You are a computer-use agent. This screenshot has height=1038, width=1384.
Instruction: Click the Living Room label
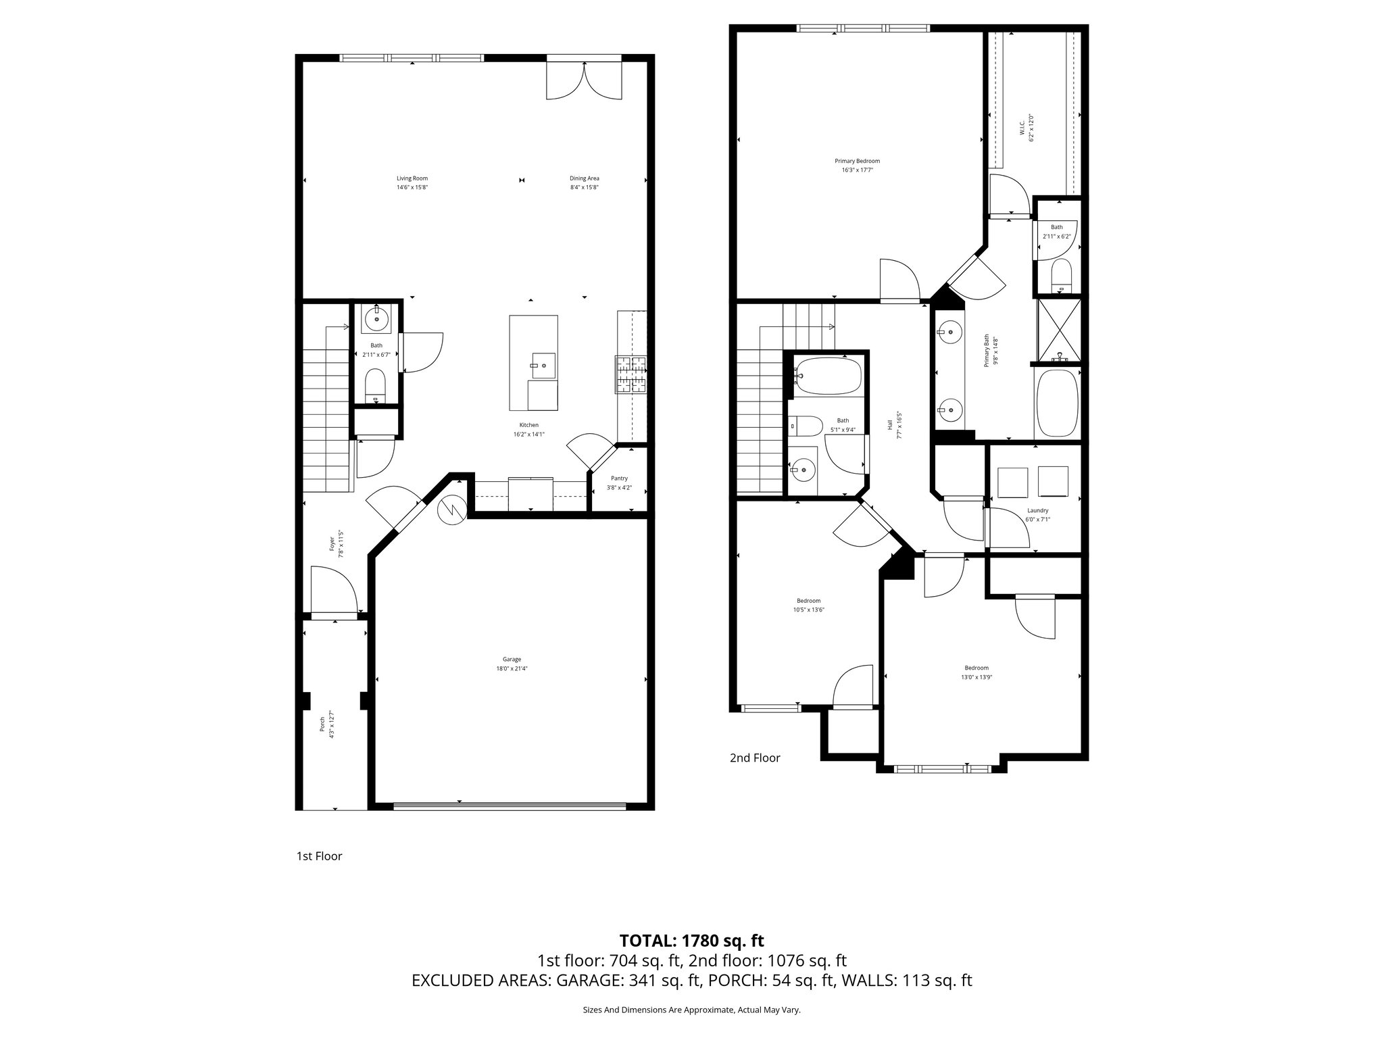412,178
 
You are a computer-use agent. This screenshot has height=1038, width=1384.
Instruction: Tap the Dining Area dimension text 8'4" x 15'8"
584,187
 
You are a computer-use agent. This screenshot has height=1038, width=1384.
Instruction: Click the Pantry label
619,478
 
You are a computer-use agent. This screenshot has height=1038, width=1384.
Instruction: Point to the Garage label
512,659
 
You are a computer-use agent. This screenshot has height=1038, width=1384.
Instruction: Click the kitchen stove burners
631,374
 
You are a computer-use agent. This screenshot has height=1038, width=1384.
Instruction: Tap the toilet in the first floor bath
375,385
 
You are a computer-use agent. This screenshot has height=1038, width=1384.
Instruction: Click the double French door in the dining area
584,80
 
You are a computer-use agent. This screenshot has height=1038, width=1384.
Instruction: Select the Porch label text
322,724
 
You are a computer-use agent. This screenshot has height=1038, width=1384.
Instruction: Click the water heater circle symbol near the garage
451,510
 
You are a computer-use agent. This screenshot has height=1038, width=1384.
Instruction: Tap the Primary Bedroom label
857,161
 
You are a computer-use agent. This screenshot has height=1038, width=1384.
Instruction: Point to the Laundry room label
1037,510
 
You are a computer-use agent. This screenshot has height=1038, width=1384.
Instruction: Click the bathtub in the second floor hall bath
828,376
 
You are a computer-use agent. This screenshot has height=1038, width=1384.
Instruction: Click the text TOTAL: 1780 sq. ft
691,940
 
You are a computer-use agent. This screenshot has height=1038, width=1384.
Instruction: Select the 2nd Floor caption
755,758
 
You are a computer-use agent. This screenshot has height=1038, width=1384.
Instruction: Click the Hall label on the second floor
890,424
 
